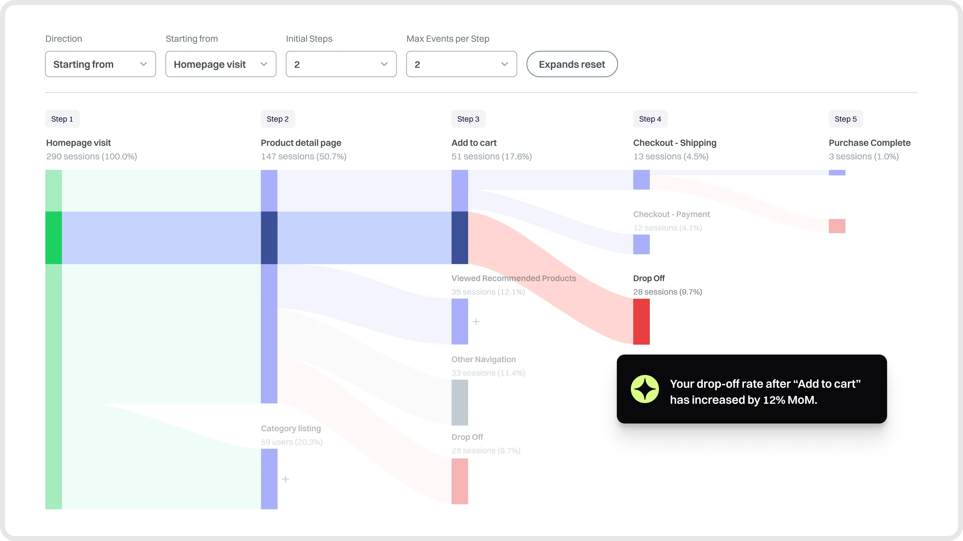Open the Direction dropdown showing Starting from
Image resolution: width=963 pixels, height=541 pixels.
100,64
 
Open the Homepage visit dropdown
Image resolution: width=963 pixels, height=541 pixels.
221,64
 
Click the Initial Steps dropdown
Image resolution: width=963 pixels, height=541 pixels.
341,64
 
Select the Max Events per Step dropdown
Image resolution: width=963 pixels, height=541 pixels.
461,64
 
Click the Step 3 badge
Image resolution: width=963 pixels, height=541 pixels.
468,119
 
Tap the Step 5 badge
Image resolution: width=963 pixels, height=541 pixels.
846,119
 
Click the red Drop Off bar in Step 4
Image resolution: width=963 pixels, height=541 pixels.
641,321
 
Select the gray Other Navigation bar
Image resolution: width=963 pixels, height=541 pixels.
459,402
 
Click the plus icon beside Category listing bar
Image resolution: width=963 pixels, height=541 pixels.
286,479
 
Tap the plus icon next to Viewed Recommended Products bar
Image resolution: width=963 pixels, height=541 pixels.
476,321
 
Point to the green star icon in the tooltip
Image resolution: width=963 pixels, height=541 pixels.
645,389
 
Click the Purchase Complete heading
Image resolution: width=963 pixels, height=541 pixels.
869,143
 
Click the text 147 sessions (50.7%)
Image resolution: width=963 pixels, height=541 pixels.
303,157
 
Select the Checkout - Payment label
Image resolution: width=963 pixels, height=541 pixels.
671,214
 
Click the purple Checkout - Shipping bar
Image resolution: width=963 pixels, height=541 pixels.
641,180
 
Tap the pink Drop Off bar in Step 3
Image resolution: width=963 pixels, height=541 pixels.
459,481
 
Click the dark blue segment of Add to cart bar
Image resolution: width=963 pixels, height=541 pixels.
459,238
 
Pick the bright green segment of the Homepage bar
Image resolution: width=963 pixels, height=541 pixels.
53,238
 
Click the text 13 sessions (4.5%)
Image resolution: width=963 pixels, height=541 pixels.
671,157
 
